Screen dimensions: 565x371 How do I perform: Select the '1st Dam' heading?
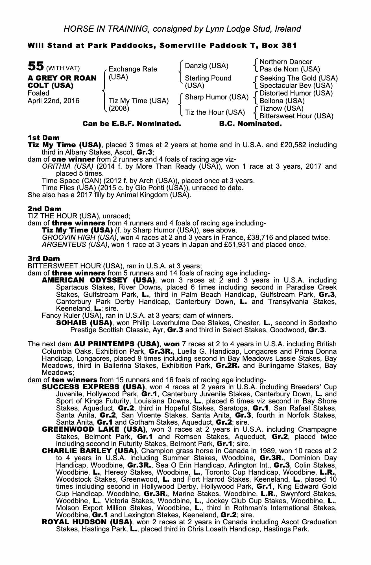tap(43, 138)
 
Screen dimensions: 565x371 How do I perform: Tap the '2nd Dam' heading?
tap(44, 209)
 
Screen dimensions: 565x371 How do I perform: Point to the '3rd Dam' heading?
tap(44, 258)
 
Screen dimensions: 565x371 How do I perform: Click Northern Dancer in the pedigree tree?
tap(285, 62)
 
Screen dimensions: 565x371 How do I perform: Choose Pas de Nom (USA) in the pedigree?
tap(290, 69)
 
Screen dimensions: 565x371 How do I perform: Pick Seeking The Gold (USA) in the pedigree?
tap(298, 78)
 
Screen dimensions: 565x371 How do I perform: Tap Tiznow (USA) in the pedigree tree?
tap(281, 108)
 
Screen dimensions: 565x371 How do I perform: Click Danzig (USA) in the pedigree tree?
tap(206, 66)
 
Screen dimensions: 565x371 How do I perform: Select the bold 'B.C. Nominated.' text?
tap(250, 124)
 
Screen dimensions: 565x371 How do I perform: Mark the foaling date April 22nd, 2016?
tap(53, 101)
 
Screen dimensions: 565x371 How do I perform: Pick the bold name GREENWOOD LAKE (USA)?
tap(93, 430)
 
